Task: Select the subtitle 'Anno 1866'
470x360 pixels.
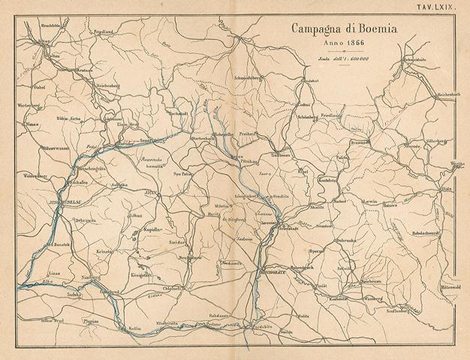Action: [335, 44]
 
